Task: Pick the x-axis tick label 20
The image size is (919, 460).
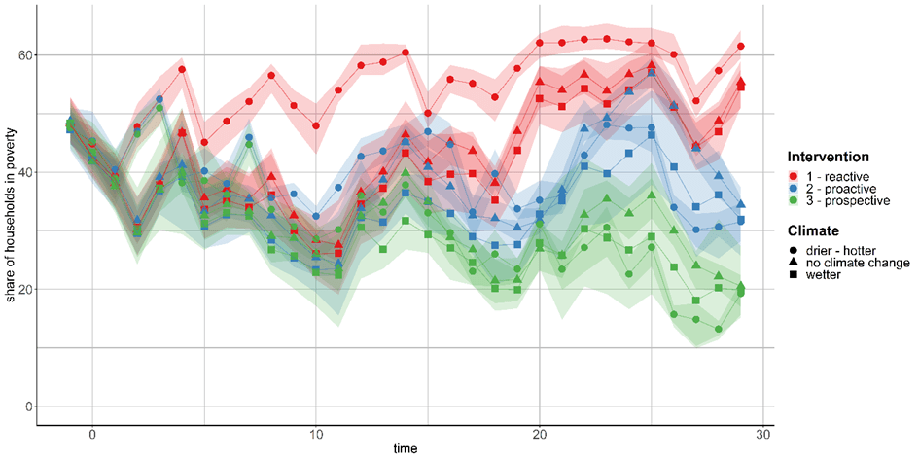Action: (x=540, y=434)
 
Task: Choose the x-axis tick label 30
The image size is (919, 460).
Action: (x=763, y=434)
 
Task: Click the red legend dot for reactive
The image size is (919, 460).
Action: (x=795, y=175)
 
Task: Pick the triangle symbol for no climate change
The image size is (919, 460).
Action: (x=795, y=263)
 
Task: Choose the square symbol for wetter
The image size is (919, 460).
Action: (x=795, y=277)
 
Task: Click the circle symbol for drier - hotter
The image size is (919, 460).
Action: (x=795, y=249)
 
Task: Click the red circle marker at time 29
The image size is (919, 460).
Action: (x=741, y=46)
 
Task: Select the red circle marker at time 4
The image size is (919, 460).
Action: (x=182, y=69)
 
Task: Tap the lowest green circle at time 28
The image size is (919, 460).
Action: (x=719, y=329)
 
